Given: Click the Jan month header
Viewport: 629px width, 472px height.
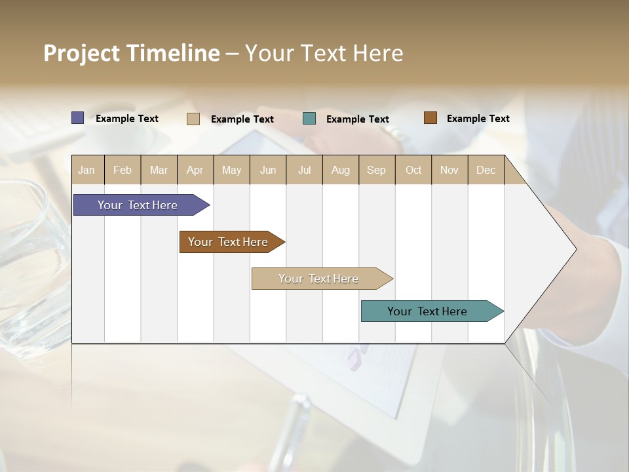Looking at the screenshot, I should [x=87, y=170].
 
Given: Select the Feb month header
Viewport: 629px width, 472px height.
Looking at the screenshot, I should [x=123, y=170].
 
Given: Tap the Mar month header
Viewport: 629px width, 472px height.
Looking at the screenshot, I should [x=159, y=170].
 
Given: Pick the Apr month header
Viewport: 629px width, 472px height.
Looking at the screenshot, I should [x=195, y=170].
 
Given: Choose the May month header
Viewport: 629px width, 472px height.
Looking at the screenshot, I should [x=231, y=170].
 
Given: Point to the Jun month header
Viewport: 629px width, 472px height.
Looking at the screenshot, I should [x=268, y=170].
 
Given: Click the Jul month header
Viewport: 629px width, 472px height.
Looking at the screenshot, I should [x=304, y=170].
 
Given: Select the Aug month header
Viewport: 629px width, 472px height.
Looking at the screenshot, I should [x=341, y=170].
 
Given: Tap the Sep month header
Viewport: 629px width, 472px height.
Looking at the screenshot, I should [x=377, y=170].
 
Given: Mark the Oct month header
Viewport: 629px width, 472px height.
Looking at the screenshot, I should [x=413, y=170].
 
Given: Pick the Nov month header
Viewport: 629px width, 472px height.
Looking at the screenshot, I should [x=449, y=170].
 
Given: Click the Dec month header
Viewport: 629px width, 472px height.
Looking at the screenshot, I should [x=486, y=170].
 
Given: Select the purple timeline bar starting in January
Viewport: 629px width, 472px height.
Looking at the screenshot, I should [x=138, y=205].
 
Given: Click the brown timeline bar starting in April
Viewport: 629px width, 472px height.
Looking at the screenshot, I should [x=229, y=242].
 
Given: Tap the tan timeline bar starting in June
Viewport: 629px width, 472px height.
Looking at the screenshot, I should [x=319, y=279].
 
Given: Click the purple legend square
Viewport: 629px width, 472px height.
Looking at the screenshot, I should [x=78, y=118].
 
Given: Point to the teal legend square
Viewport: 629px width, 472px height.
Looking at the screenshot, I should [x=309, y=119].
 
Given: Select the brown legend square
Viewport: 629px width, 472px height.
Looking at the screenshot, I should [x=430, y=118].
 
